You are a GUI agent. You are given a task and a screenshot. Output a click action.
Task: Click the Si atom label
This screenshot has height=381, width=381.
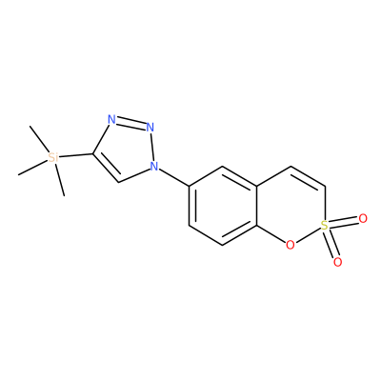53,158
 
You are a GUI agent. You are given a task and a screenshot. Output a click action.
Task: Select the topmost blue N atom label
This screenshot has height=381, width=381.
111,120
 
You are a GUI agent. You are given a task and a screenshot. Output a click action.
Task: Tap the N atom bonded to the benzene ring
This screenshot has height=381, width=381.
154,166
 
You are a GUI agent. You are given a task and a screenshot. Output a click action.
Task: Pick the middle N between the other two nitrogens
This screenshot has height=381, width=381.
150,128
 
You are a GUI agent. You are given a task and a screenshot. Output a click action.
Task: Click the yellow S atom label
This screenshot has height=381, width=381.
324,225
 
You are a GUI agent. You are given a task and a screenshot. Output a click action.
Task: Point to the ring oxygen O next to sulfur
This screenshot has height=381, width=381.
290,245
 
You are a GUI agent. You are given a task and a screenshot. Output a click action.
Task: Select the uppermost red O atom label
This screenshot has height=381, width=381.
363,218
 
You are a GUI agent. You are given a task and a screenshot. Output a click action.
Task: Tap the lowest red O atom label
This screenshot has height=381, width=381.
338,262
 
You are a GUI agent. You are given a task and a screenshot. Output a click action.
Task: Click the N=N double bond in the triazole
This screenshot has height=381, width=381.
130,124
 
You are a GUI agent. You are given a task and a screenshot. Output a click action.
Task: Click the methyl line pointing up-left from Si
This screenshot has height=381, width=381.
39,139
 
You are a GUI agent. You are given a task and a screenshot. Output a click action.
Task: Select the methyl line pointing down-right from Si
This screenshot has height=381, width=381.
60,180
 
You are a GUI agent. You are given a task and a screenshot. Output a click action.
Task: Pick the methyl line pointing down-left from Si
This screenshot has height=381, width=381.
32,168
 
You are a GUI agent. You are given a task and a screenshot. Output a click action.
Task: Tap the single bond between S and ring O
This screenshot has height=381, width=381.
307,235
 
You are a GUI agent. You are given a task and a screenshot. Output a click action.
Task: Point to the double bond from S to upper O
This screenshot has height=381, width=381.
344,222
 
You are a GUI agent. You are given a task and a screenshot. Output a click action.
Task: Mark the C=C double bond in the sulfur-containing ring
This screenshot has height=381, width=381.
308,176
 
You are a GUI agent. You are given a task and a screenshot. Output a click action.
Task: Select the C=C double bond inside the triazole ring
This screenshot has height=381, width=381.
106,169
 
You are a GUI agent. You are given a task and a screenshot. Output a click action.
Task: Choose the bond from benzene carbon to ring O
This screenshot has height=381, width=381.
271,234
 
